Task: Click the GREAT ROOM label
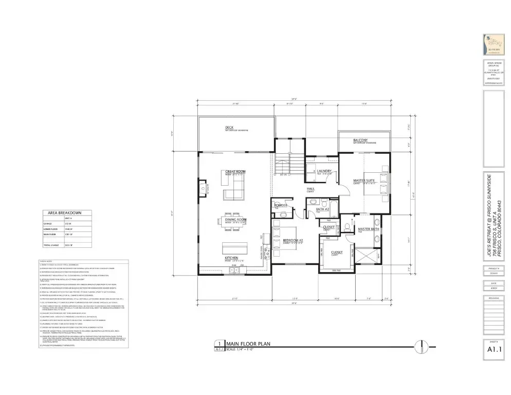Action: coord(235,172)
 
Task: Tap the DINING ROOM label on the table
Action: coord(236,220)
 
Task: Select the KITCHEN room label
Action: coord(231,258)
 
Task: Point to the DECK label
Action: coord(229,128)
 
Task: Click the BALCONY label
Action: coord(360,140)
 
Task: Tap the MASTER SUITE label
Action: coord(363,181)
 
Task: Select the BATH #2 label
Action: coord(322,209)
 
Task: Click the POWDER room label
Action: coord(281,205)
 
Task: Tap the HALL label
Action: coord(311,189)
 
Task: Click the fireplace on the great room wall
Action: coord(203,188)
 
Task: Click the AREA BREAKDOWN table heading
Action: coord(64,212)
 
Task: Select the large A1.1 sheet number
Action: coord(494,351)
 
